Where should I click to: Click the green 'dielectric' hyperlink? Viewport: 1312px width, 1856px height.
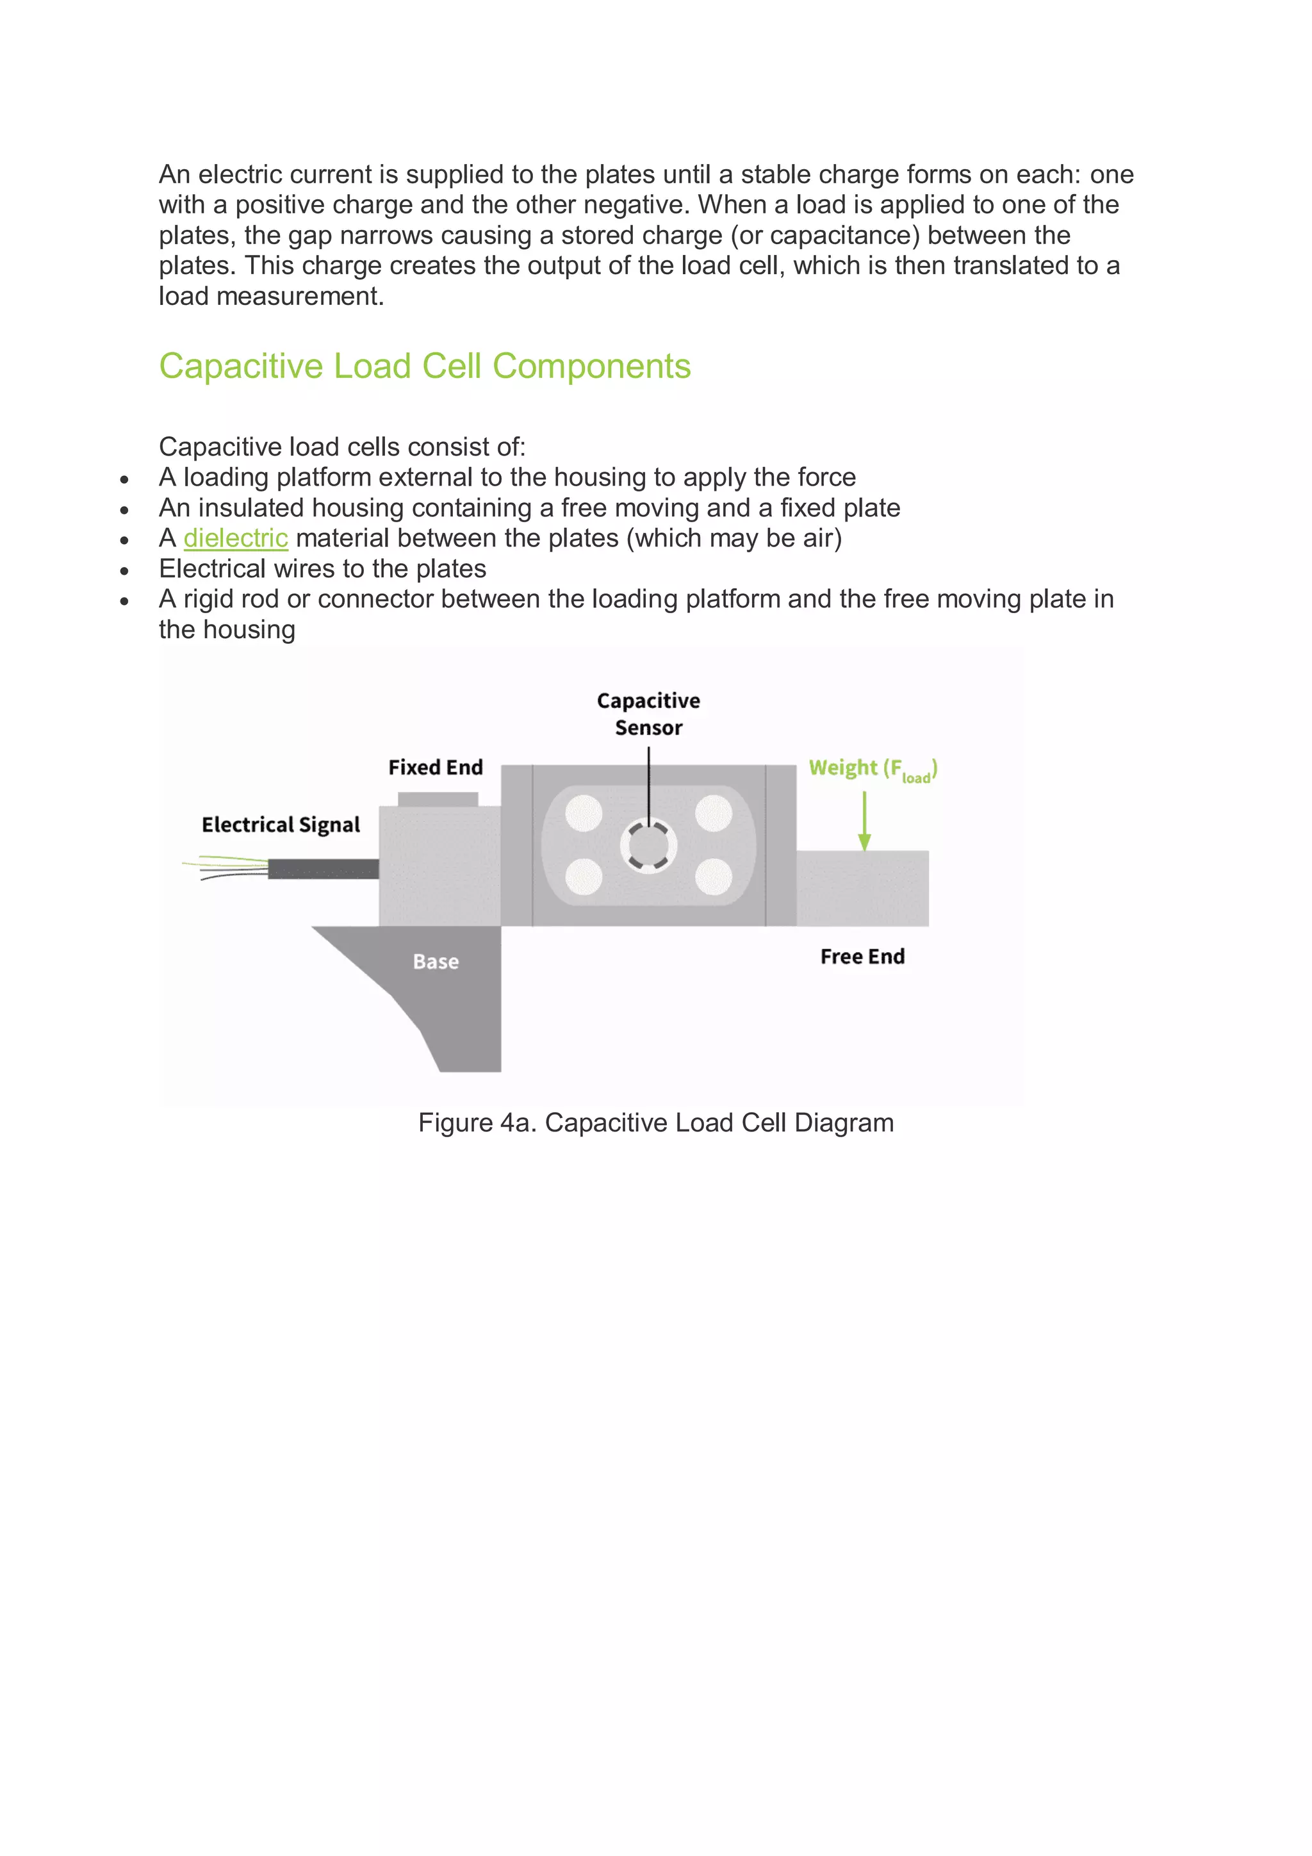235,538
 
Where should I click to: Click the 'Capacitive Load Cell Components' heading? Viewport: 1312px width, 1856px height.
424,366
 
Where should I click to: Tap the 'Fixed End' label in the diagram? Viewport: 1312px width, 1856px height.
435,767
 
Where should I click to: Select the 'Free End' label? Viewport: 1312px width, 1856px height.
862,957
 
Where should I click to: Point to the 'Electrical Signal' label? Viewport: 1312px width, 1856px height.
281,825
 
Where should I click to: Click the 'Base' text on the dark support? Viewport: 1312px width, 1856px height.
436,961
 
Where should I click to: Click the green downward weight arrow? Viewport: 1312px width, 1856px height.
864,821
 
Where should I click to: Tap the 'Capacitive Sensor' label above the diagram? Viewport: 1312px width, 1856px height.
648,714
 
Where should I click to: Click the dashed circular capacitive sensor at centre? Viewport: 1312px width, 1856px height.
648,846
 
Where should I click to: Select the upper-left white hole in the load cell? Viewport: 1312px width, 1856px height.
584,813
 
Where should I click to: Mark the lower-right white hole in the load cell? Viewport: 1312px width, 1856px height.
713,877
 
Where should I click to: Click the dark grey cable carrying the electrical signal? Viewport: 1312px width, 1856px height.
324,869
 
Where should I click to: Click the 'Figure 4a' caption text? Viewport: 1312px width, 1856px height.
655,1123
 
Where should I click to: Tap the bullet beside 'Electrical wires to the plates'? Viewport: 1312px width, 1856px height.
124,571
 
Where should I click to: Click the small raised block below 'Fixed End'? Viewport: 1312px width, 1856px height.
438,799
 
